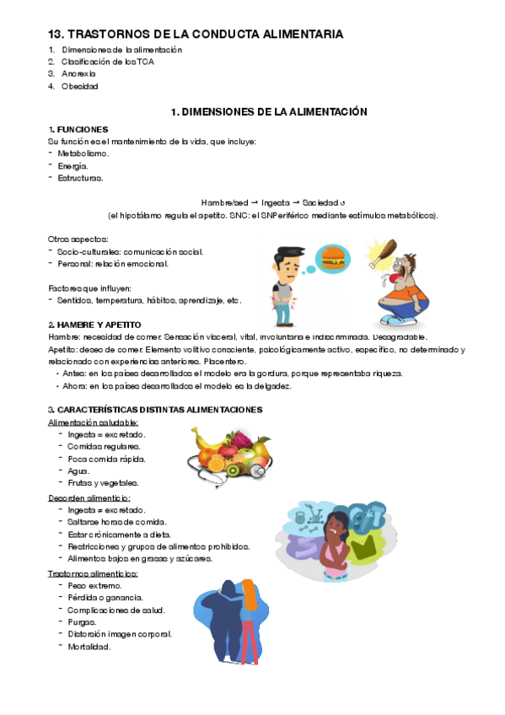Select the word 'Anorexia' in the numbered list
pyautogui.click(x=79, y=74)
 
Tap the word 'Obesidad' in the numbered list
pyautogui.click(x=80, y=86)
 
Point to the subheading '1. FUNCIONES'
pyautogui.click(x=78, y=129)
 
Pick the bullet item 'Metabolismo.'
pyautogui.click(x=83, y=153)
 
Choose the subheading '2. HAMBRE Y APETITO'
pyautogui.click(x=94, y=325)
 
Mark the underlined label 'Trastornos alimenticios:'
pyautogui.click(x=94, y=573)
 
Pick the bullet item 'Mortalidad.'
pyautogui.click(x=89, y=647)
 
